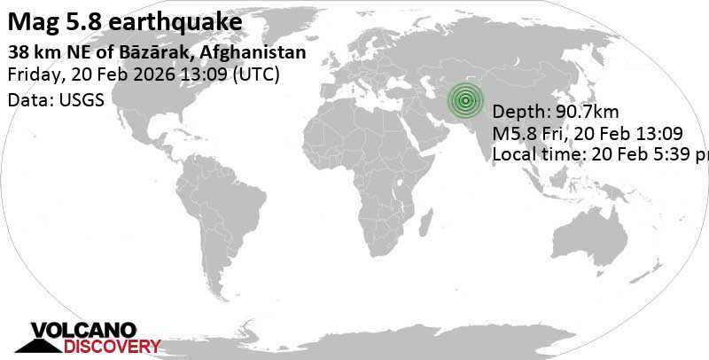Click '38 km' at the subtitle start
pos(30,52)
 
